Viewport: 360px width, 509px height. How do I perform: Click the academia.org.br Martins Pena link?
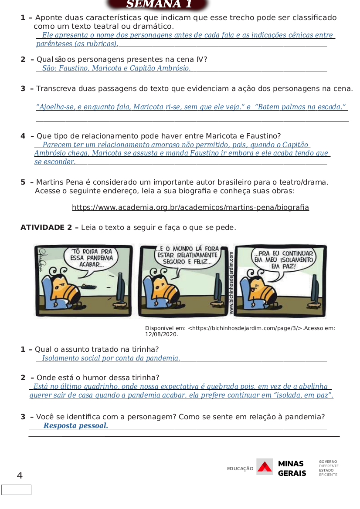point(190,207)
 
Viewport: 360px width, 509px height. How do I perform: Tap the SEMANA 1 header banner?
point(158,4)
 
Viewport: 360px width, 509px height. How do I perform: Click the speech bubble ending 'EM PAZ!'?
point(283,261)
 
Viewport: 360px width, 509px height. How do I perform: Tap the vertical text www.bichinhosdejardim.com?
point(231,283)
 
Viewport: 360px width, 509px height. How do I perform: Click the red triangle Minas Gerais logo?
point(265,467)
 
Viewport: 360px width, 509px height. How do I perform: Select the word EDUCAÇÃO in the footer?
point(240,469)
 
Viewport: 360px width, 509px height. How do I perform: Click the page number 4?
point(20,475)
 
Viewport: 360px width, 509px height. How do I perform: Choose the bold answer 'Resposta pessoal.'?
point(76,425)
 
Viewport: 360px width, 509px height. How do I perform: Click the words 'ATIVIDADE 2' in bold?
point(46,227)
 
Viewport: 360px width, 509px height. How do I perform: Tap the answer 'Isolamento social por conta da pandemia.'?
point(111,358)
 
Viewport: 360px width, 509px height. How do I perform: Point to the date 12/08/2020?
point(162,334)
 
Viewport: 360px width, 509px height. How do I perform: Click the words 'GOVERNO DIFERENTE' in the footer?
point(329,464)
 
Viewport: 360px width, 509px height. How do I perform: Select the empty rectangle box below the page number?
point(16,490)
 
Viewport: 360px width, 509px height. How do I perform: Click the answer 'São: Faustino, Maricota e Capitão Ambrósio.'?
point(116,68)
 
